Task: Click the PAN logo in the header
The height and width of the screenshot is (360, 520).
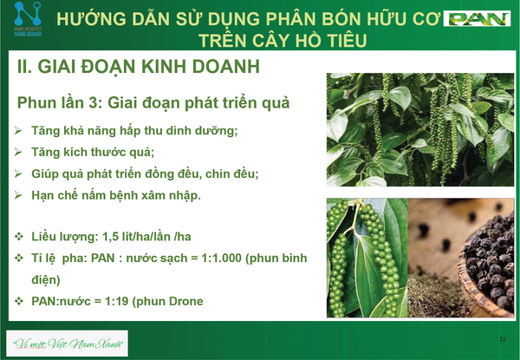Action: (477, 18)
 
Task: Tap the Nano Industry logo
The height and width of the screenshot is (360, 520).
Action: (28, 19)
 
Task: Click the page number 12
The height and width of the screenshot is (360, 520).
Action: (503, 339)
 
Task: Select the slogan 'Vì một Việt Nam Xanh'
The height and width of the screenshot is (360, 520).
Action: (68, 344)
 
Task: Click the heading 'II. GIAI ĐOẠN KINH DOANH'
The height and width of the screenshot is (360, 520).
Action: (139, 66)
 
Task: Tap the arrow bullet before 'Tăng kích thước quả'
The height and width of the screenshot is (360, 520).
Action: (18, 153)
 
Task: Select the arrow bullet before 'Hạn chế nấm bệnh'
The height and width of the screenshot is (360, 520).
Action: (18, 195)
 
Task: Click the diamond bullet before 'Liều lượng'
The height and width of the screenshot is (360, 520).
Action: (18, 237)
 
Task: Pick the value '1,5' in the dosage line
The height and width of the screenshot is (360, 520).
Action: (109, 237)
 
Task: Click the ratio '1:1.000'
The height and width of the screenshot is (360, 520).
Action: (222, 259)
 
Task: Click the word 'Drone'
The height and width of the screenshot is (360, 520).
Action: (186, 301)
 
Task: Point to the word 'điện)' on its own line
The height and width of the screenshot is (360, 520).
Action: (46, 279)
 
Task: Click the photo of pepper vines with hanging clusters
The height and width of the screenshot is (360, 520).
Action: (420, 129)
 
